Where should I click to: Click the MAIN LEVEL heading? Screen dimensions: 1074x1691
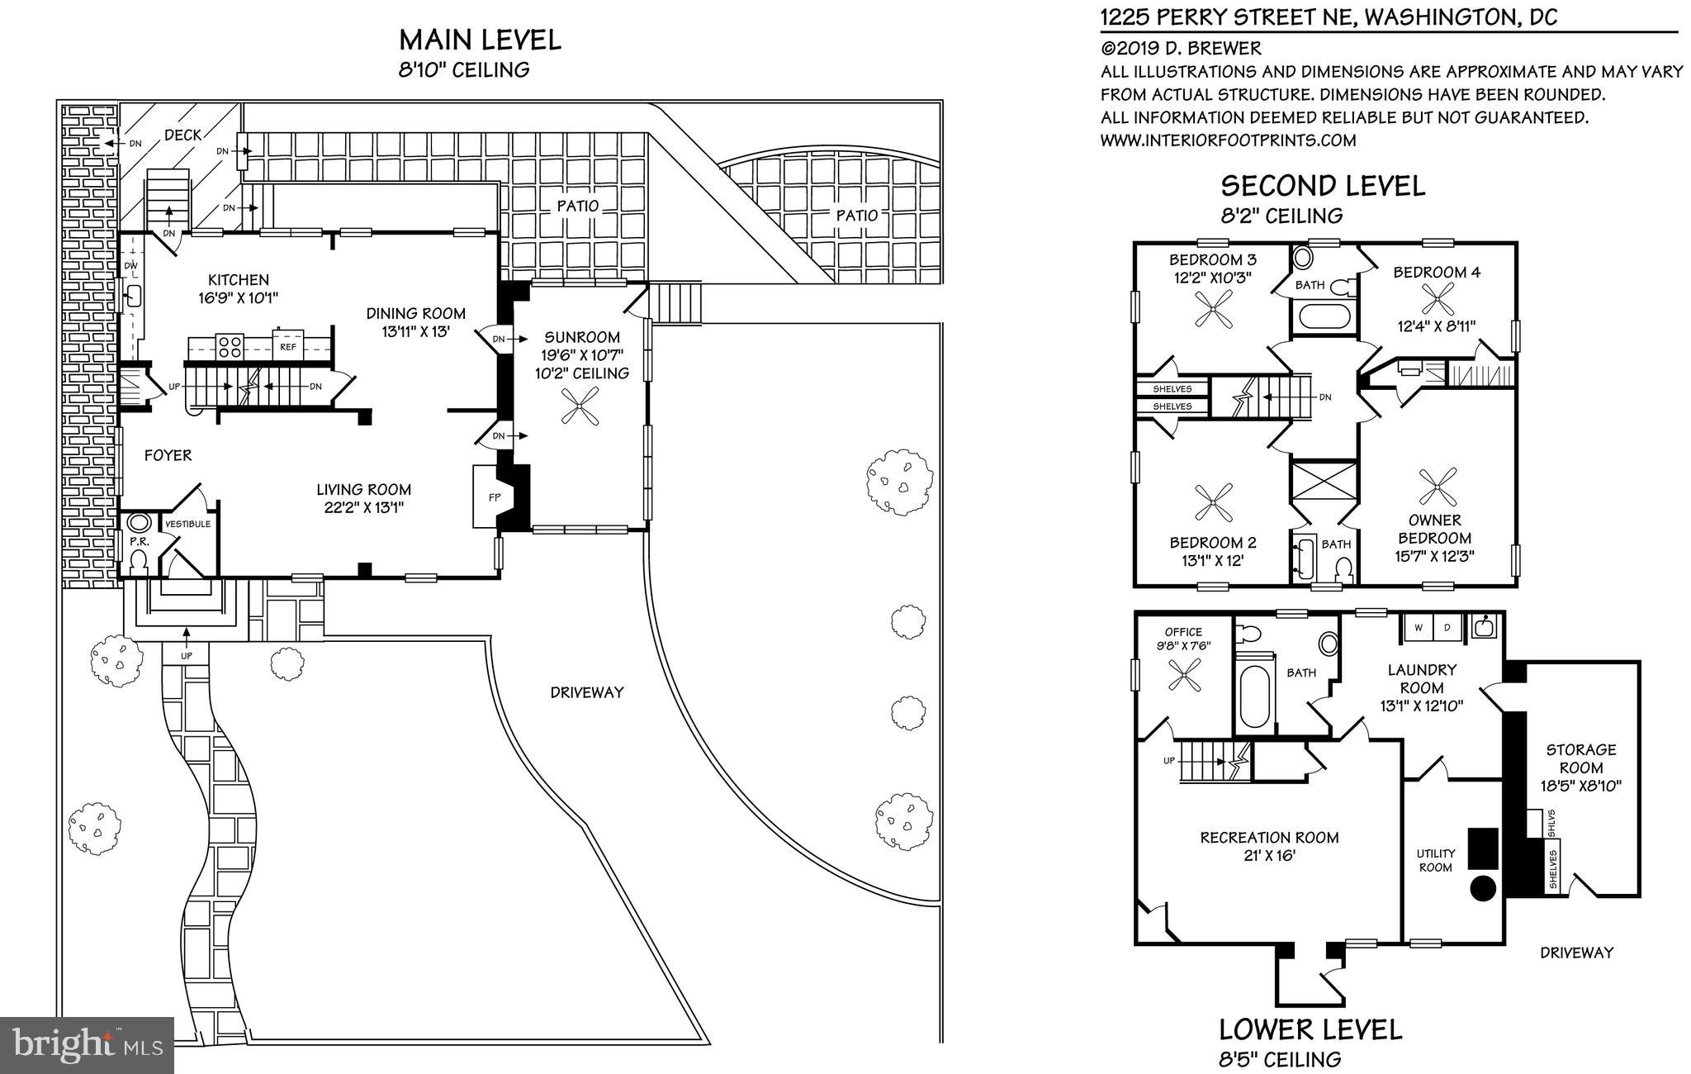[x=480, y=40]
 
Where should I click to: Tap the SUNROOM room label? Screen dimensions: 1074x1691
[x=581, y=337]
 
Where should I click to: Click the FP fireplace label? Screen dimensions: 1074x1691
[x=495, y=497]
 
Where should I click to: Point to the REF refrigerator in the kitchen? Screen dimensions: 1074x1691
[x=288, y=347]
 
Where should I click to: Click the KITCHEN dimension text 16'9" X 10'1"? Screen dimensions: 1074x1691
[x=238, y=297]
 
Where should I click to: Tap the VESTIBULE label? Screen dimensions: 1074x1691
[x=188, y=524]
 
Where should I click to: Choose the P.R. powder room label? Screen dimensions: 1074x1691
[x=138, y=543]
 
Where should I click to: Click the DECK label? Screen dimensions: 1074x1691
[x=182, y=135]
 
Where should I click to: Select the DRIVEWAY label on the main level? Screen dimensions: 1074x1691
[x=586, y=692]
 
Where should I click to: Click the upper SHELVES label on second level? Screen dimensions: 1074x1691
[x=1172, y=388]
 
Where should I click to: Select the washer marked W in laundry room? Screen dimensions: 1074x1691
[x=1418, y=628]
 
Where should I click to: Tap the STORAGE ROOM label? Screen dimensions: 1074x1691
[x=1580, y=758]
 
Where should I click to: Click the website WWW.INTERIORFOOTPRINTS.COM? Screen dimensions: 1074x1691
[x=1228, y=140]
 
